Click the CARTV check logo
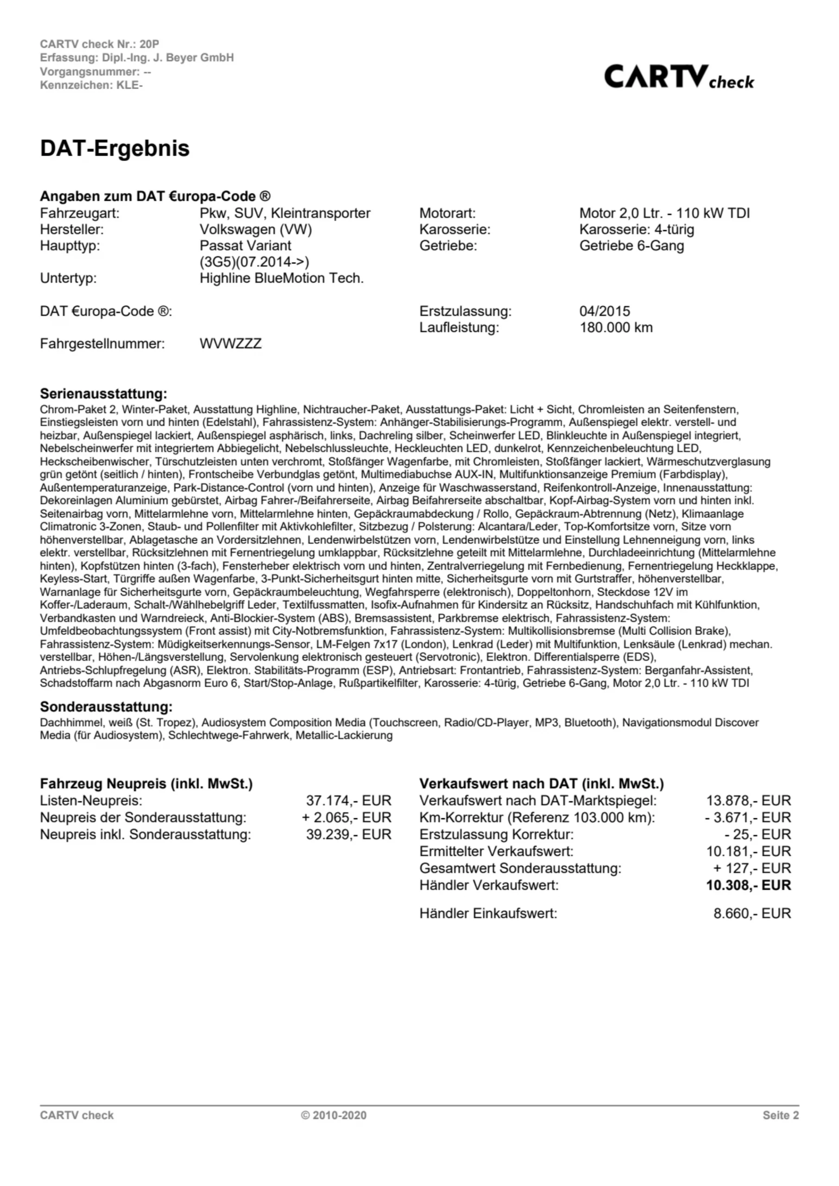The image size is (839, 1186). (x=678, y=77)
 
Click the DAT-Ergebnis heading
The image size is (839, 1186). (x=115, y=148)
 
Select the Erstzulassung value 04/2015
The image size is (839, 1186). (x=605, y=311)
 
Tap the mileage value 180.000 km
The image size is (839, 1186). (x=616, y=328)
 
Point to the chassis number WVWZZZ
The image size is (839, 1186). (x=230, y=343)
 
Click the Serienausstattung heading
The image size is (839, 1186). (x=103, y=394)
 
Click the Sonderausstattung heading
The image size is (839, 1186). (x=106, y=707)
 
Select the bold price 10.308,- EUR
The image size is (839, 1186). (x=748, y=885)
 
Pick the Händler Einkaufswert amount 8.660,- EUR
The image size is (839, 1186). (x=752, y=913)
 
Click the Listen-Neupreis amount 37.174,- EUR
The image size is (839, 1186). (x=348, y=801)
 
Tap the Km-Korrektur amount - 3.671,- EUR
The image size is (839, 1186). (x=748, y=818)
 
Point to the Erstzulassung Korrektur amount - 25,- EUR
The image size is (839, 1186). (x=757, y=834)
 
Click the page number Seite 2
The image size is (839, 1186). (x=780, y=1115)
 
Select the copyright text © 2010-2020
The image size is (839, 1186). (x=334, y=1115)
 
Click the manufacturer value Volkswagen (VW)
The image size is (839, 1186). (x=256, y=229)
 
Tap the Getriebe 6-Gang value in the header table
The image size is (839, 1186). (x=631, y=246)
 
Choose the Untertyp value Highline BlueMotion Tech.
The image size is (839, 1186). (x=282, y=278)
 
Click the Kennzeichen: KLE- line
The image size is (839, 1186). (x=91, y=85)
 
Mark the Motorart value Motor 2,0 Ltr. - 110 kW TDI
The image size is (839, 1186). (x=664, y=213)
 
